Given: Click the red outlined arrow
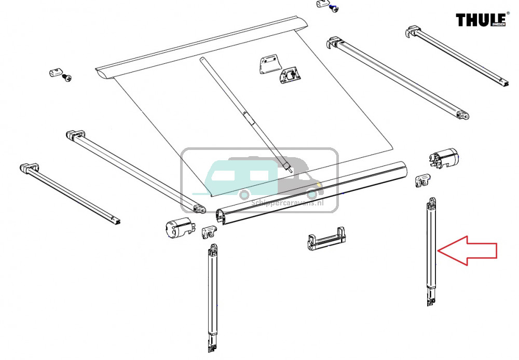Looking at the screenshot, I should (470, 251).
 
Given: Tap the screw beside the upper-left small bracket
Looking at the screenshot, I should (66, 78).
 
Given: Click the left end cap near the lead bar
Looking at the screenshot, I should (177, 229).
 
